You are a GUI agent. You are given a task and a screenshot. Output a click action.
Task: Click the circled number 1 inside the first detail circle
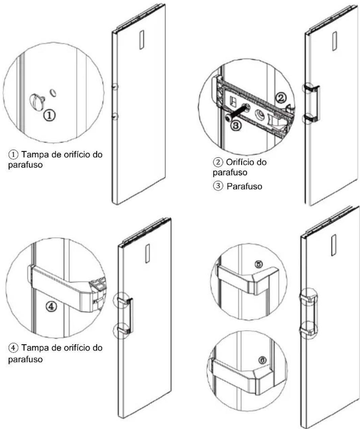coord(49,115)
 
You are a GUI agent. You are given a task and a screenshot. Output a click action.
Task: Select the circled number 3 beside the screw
coord(236,125)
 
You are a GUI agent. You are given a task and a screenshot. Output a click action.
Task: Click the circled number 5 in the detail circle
coord(259,264)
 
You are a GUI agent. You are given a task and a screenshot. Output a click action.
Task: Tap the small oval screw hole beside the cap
coord(53,92)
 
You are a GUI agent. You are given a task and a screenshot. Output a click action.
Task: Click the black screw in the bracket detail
coord(236,113)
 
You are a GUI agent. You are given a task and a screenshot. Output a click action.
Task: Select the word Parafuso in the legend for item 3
coord(244,186)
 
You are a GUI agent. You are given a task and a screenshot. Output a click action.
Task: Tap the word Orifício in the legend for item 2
coord(239,162)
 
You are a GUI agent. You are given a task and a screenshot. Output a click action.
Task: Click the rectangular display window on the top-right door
coord(335,41)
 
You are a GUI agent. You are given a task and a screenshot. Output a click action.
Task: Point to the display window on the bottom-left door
coord(147,254)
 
